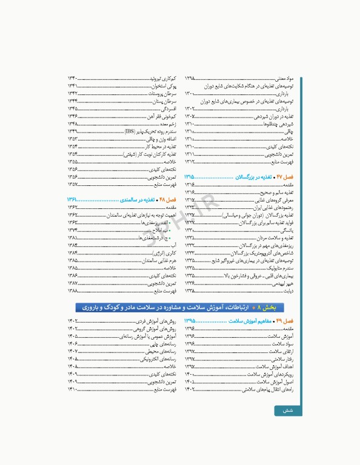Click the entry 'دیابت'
click(x=288, y=291)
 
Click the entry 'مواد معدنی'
click(x=284, y=79)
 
